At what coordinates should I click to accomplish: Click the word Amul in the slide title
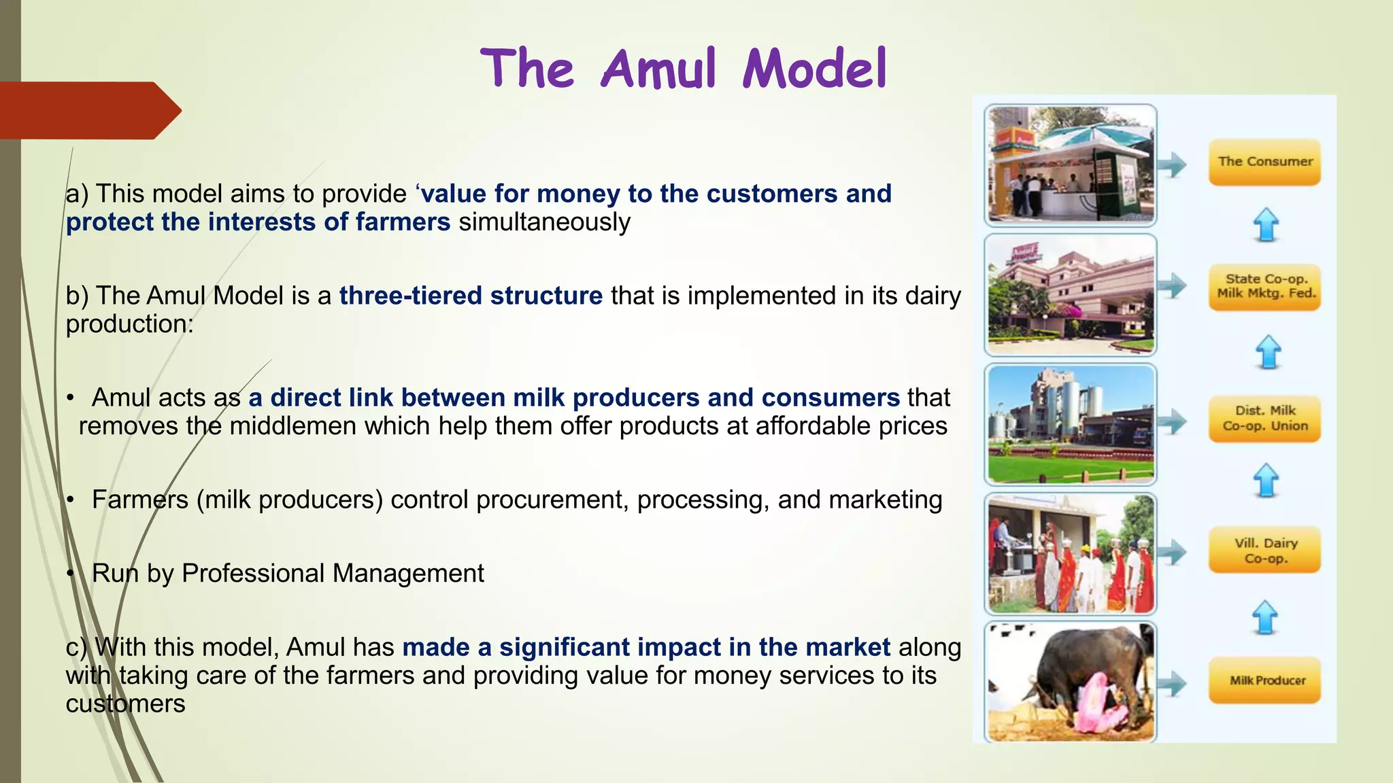coord(658,69)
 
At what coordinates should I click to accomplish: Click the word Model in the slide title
coord(815,69)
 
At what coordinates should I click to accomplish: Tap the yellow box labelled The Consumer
coord(1264,162)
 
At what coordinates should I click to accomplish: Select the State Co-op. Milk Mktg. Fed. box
coord(1264,287)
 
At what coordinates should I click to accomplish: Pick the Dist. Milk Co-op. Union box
coord(1264,419)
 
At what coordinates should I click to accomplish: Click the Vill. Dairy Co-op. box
coord(1264,551)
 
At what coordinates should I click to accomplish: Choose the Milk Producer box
coord(1264,680)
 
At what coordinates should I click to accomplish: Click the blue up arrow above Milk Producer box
coord(1265,617)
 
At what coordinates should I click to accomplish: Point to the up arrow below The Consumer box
coord(1266,224)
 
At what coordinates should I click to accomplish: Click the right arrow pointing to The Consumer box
coord(1172,164)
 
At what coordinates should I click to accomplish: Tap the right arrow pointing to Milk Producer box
coord(1172,683)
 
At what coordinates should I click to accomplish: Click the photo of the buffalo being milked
coord(1071,682)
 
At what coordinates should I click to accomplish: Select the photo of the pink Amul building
coord(1071,294)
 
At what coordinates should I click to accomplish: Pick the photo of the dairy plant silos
coord(1071,423)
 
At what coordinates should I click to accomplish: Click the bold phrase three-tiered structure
coord(471,296)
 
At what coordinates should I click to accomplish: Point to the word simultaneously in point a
coord(544,222)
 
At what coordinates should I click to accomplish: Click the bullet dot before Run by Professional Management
coord(70,574)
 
